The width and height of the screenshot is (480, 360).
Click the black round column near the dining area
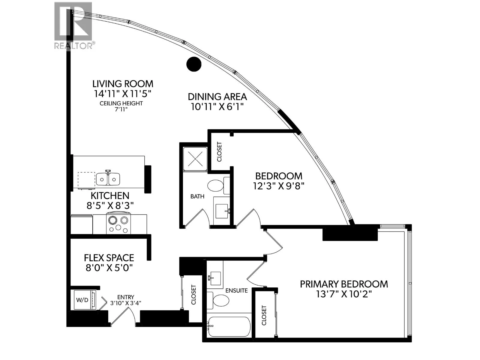(x=194, y=64)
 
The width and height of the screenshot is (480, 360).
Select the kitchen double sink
(x=108, y=179)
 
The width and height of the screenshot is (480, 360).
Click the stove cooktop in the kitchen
(x=118, y=223)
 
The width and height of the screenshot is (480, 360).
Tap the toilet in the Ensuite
(x=218, y=300)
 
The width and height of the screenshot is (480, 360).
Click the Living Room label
(x=123, y=84)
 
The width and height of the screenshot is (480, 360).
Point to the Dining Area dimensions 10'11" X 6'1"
(x=217, y=107)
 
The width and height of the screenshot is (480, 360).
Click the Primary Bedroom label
(x=344, y=284)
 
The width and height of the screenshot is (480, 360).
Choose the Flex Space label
(x=109, y=258)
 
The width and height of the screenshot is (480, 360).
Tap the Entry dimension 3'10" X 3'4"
(x=125, y=303)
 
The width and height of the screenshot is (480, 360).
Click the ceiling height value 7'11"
(x=121, y=109)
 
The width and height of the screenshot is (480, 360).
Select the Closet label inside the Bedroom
(x=219, y=152)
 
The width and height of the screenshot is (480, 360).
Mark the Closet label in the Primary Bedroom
(x=264, y=315)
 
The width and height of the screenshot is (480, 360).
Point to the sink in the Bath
(x=221, y=211)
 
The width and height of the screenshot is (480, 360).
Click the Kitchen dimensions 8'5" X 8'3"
(x=110, y=206)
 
